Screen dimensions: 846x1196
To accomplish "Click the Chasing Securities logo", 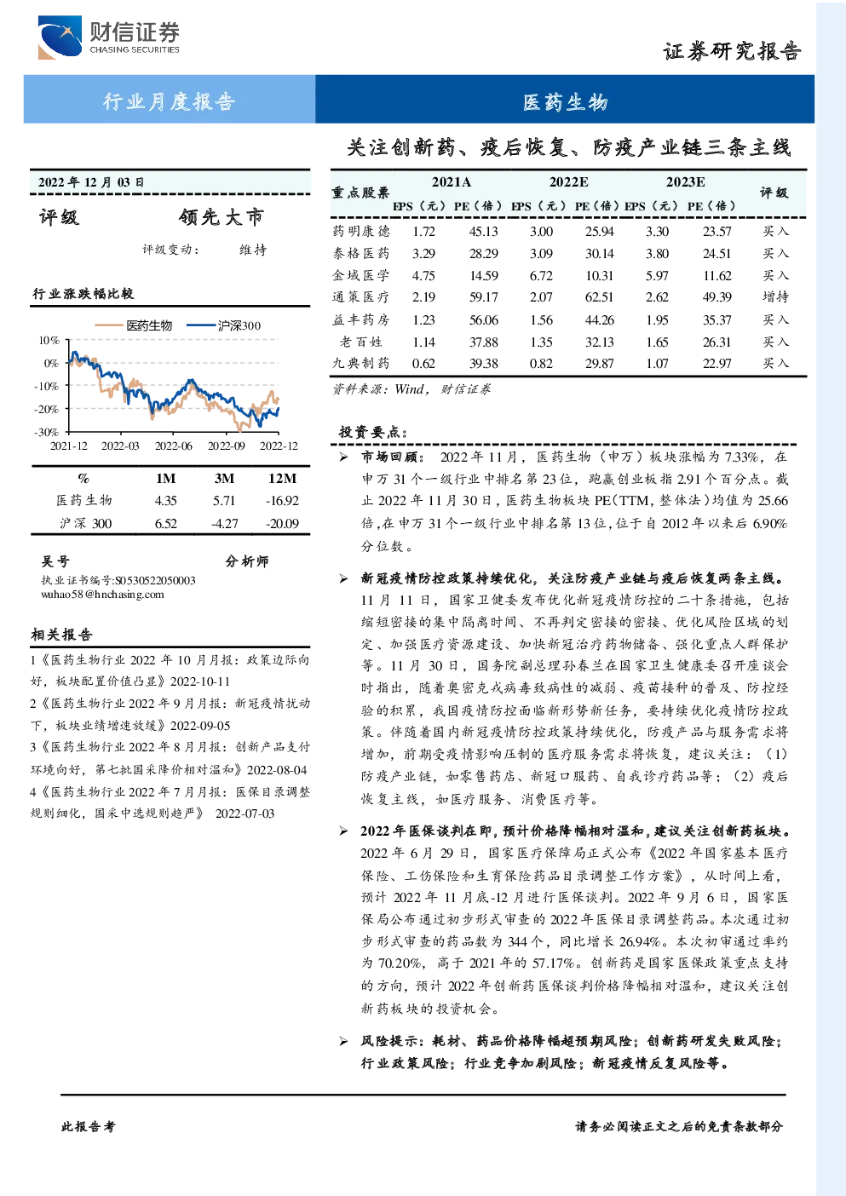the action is click(x=109, y=37).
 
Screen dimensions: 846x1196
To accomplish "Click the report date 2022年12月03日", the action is click(x=91, y=182).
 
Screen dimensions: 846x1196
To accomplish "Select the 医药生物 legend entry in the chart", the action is click(x=134, y=325).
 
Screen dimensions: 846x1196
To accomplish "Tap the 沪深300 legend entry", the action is click(x=223, y=325).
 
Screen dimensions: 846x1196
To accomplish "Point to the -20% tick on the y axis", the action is click(x=47, y=409).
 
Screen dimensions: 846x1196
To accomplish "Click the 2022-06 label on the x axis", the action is click(x=174, y=446).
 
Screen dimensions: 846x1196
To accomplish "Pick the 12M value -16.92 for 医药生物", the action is click(x=283, y=501).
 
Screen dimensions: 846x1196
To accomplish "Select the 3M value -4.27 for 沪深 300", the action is click(x=224, y=524).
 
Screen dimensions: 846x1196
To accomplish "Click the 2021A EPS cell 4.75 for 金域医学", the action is click(x=423, y=275).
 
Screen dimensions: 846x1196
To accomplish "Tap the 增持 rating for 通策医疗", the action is click(x=775, y=296).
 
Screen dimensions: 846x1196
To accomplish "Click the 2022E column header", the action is click(x=569, y=182).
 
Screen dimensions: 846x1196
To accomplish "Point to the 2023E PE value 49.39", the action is click(x=717, y=296).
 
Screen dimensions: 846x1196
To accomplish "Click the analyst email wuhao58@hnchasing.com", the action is click(x=102, y=595).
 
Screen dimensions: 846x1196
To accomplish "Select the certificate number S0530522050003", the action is click(x=155, y=580).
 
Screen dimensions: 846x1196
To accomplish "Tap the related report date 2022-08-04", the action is click(x=277, y=770).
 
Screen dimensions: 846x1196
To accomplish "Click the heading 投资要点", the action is click(x=373, y=432).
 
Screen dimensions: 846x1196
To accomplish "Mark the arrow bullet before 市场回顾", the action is click(x=344, y=457).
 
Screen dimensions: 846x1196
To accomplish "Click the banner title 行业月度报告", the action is click(x=169, y=101).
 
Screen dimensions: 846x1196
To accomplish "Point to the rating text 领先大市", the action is click(x=222, y=217).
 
